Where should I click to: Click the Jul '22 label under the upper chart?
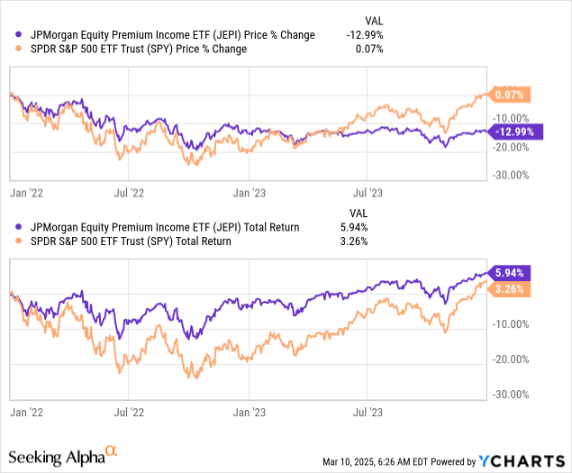130,192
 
